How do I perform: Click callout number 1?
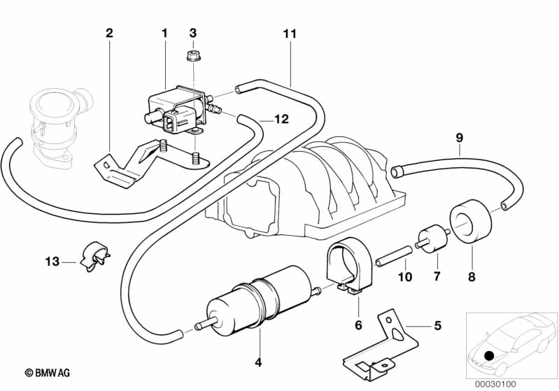pos(165,33)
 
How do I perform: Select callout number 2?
pos(109,33)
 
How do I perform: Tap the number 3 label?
pos(194,33)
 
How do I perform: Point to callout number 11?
pos(290,33)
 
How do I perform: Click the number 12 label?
pos(281,120)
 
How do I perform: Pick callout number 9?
pos(460,138)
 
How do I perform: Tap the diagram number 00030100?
pos(495,384)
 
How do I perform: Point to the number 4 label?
pos(258,362)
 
